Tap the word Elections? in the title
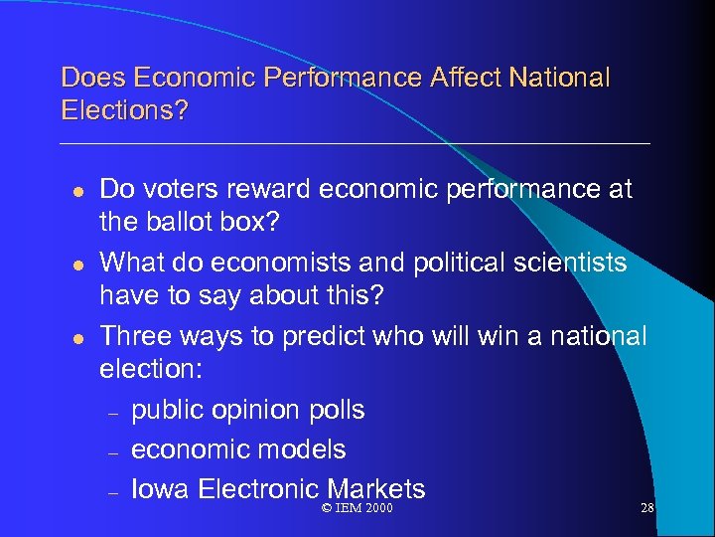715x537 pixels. point(124,109)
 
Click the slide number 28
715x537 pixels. point(647,509)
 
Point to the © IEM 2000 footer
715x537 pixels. point(357,509)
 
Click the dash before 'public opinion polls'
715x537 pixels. point(114,412)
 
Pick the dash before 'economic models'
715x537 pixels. point(114,451)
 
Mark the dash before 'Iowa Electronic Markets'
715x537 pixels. point(114,491)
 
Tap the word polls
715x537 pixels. point(337,410)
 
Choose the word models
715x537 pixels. point(304,449)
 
